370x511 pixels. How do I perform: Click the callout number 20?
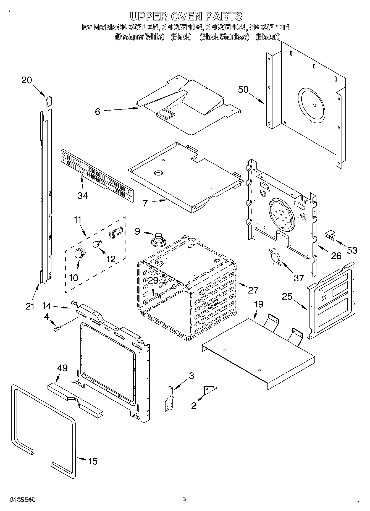coord(27,80)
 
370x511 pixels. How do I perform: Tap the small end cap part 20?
coord(49,101)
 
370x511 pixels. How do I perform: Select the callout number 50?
coord(243,90)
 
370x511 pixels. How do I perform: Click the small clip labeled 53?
coord(330,235)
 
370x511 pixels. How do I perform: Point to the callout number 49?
coord(62,368)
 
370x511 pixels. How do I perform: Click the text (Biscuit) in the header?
coord(268,37)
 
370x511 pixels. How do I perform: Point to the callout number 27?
coord(253,290)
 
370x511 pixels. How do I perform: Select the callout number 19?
coord(259,304)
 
